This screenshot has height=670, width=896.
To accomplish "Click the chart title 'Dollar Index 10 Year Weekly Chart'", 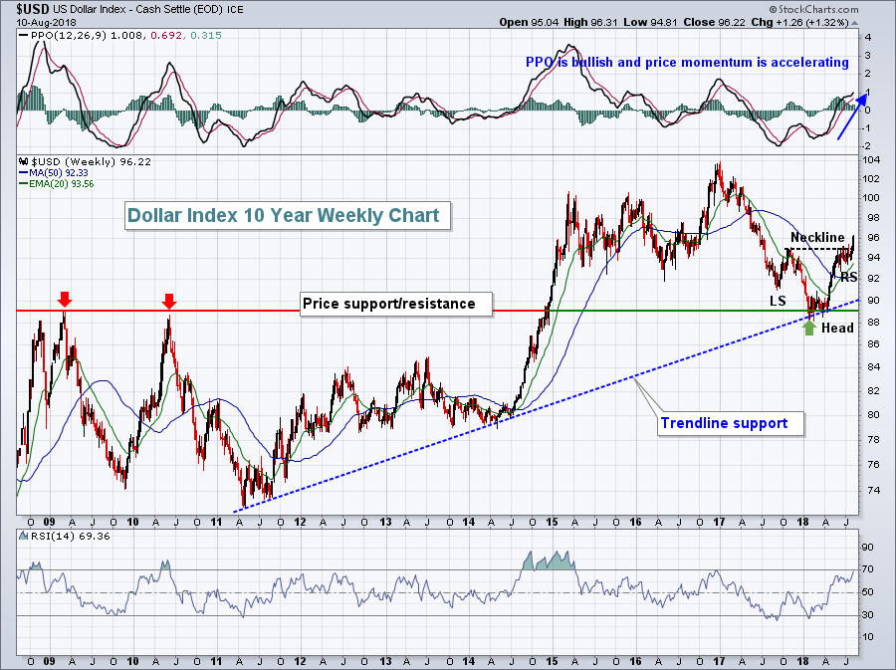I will tap(288, 215).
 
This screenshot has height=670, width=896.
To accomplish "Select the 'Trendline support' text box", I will tap(724, 423).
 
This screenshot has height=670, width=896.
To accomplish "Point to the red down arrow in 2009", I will tap(65, 299).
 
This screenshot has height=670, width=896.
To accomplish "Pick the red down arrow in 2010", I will tap(169, 300).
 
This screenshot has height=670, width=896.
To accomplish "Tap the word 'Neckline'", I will tap(817, 237).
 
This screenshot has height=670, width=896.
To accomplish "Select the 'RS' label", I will tap(848, 277).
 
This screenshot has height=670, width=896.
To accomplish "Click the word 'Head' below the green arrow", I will tap(837, 328).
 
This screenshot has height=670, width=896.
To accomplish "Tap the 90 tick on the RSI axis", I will tap(866, 548).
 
